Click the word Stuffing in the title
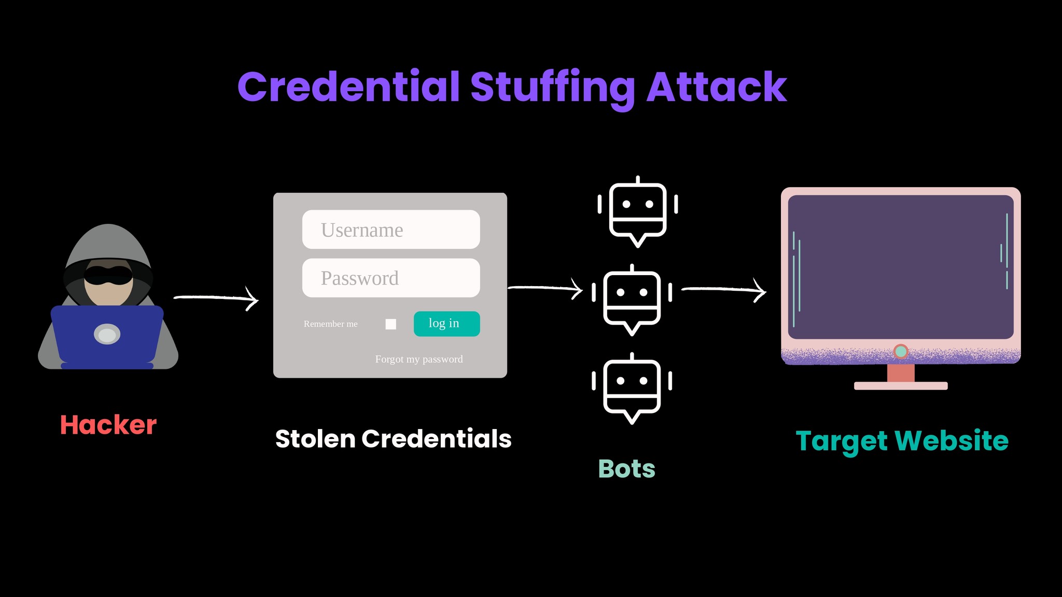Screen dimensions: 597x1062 [552, 87]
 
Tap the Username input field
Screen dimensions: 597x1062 [391, 230]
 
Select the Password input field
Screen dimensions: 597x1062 [391, 278]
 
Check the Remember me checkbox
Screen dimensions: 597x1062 [391, 324]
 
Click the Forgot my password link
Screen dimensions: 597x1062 [418, 359]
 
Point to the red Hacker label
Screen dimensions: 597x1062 [108, 425]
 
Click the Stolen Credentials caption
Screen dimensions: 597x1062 [393, 439]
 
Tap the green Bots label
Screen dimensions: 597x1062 [626, 468]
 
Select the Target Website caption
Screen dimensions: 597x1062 [902, 440]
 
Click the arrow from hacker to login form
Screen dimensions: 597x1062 [216, 298]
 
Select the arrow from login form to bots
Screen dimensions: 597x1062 [545, 288]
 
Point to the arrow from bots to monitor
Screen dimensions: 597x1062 [723, 290]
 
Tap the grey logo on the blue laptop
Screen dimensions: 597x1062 [107, 335]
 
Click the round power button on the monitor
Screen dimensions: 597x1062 [901, 351]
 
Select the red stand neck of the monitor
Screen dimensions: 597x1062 [901, 373]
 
